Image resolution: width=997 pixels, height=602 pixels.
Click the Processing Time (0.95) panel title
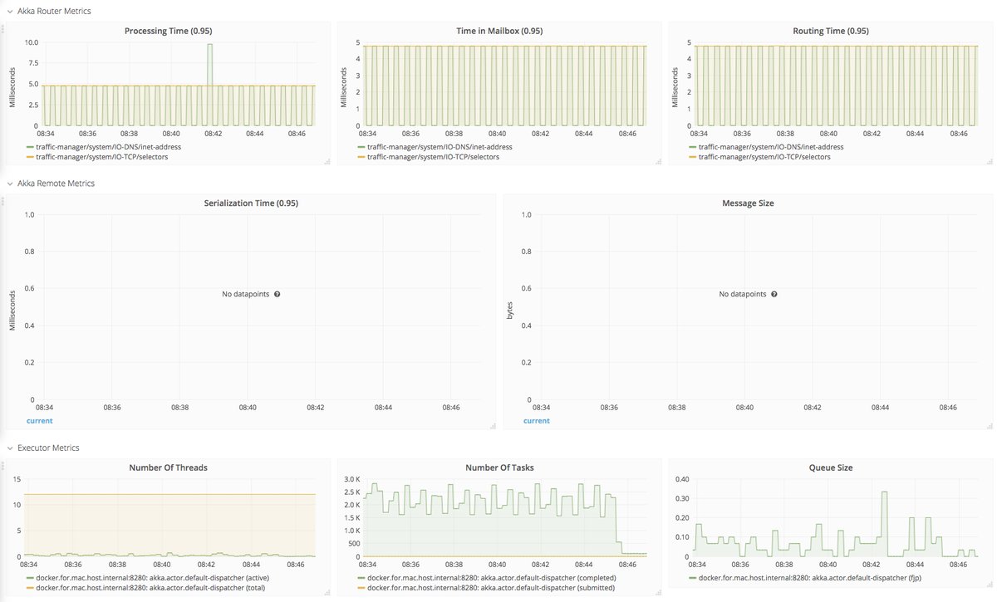tap(168, 31)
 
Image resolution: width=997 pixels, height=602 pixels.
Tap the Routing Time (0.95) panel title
tap(831, 31)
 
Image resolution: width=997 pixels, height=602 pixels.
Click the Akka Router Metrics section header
tap(54, 11)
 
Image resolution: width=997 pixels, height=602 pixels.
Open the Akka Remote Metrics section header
tap(56, 183)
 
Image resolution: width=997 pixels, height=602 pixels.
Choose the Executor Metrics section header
tap(48, 448)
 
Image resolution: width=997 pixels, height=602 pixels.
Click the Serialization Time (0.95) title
tap(251, 203)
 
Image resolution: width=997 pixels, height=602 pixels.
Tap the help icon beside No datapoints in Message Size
tap(774, 294)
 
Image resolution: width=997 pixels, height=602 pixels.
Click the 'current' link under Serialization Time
tap(39, 421)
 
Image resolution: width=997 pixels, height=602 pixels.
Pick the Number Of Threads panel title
tap(168, 467)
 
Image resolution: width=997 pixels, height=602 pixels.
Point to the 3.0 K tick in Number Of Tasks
tap(351, 479)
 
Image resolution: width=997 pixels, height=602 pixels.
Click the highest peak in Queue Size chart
tap(884, 492)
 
